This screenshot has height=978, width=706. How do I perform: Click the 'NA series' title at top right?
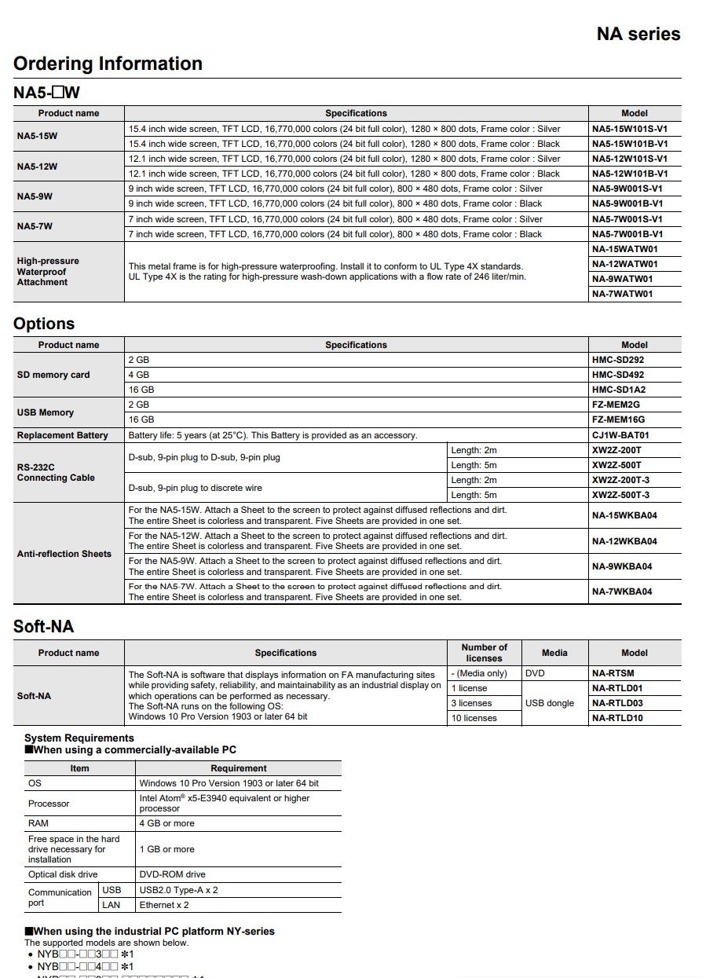(638, 34)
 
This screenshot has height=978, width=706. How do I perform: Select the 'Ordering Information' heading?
(108, 64)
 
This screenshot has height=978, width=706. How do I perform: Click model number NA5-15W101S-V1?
(630, 129)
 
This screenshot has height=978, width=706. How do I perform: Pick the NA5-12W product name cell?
(37, 167)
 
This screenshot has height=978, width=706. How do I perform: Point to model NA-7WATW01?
(624, 294)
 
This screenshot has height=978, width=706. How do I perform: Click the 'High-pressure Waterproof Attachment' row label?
(48, 272)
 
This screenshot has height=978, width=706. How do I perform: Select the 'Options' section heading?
(44, 324)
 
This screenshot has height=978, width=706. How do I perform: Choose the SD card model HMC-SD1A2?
(618, 390)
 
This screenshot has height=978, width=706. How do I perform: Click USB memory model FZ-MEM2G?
(616, 405)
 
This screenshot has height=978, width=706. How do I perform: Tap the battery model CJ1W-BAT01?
(620, 435)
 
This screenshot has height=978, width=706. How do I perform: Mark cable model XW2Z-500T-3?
(620, 495)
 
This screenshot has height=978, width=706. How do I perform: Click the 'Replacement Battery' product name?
(62, 435)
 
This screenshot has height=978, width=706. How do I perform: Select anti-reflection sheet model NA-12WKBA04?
(624, 541)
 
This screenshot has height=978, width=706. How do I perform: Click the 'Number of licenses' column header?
(484, 653)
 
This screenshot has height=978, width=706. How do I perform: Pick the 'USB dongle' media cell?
(549, 703)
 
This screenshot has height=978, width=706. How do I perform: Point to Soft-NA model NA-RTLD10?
(617, 718)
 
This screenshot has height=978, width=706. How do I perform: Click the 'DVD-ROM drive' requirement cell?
(172, 874)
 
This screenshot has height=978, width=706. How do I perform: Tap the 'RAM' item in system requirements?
(38, 823)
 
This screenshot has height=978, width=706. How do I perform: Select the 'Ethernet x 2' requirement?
(164, 905)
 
